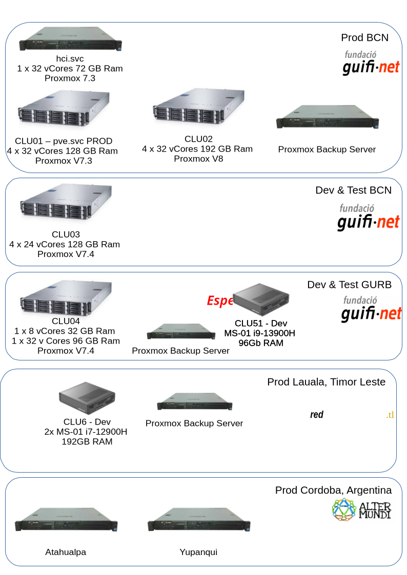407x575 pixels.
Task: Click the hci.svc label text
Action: pyautogui.click(x=70, y=59)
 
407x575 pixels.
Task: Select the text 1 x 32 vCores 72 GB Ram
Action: pyautogui.click(x=70, y=69)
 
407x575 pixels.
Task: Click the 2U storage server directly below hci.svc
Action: pyautogui.click(x=64, y=111)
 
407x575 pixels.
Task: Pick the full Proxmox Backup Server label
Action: pyautogui.click(x=327, y=150)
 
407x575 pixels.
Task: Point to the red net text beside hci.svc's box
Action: pyautogui.click(x=389, y=68)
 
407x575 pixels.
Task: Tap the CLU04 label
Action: pyautogui.click(x=66, y=320)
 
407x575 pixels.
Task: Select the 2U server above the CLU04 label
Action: pyautogui.click(x=66, y=299)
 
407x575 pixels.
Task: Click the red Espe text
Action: pyautogui.click(x=220, y=301)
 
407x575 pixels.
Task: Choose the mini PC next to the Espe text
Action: pyautogui.click(x=261, y=300)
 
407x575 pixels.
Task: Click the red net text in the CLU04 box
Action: pyautogui.click(x=390, y=313)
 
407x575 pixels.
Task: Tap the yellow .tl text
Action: pyautogui.click(x=390, y=415)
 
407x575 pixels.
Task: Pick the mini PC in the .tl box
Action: pyautogui.click(x=87, y=398)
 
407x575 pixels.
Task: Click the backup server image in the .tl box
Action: pyautogui.click(x=194, y=401)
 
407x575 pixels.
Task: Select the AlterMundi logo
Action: pyautogui.click(x=362, y=509)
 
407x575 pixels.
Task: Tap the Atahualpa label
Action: pyautogui.click(x=66, y=552)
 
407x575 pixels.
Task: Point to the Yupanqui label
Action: pyautogui.click(x=198, y=552)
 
